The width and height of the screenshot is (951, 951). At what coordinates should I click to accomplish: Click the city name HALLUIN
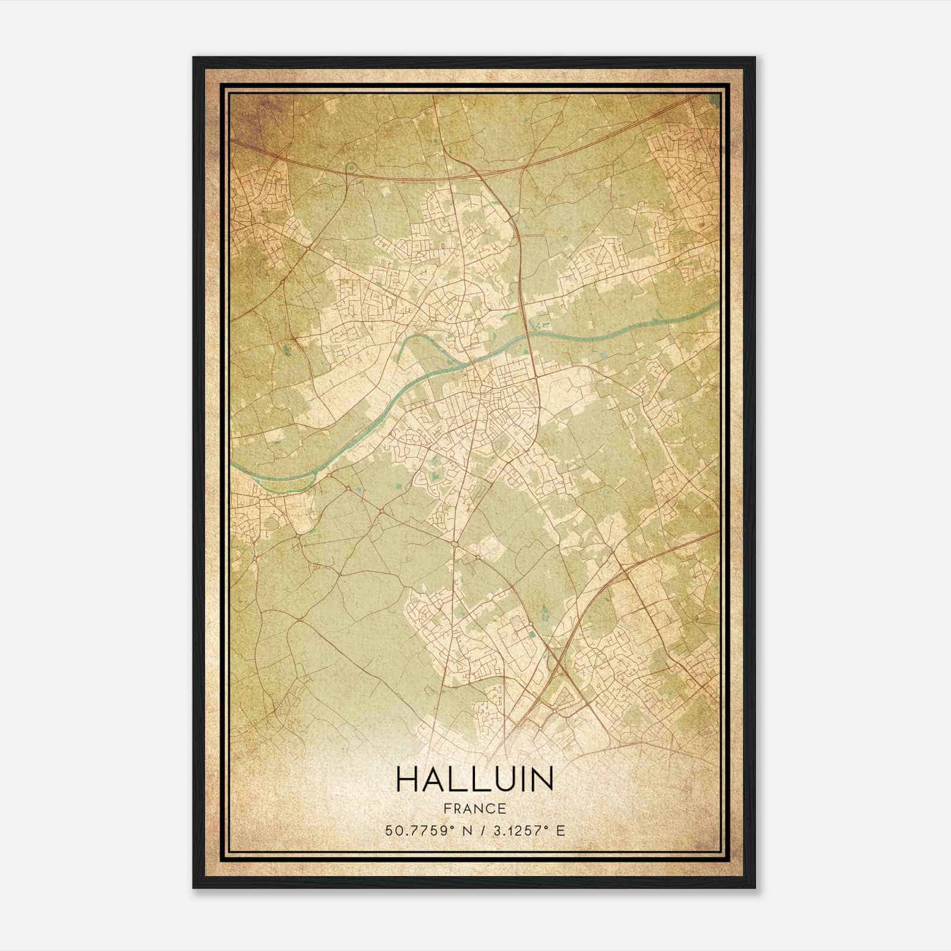(474, 780)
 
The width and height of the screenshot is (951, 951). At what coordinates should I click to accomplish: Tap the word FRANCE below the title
(474, 809)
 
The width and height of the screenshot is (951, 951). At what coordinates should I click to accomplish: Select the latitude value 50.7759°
(418, 831)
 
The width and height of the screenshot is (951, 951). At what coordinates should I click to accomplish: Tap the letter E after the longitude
(560, 831)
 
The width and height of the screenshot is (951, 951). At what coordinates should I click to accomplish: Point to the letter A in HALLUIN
(436, 780)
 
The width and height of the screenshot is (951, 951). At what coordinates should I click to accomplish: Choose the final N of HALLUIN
(540, 780)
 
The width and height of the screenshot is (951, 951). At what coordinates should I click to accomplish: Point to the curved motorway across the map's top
(416, 172)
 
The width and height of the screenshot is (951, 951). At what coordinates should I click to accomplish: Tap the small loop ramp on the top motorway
(351, 169)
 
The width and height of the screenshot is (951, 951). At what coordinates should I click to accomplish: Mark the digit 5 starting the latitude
(389, 831)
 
